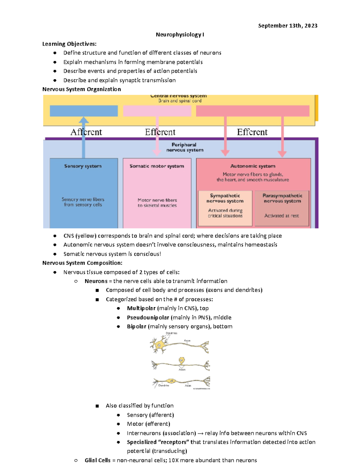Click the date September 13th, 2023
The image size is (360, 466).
[287, 26]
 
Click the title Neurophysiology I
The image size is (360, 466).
[180, 35]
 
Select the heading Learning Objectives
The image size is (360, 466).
[69, 44]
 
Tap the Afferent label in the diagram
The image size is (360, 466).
[86, 132]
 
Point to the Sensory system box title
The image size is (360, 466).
[83, 166]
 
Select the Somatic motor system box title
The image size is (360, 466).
[157, 166]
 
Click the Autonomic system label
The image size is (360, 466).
[253, 166]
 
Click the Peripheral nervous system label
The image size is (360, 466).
[184, 147]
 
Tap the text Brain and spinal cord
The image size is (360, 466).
[180, 101]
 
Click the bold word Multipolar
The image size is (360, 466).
[141, 308]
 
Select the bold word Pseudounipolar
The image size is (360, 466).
[148, 317]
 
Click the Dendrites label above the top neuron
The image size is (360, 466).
[171, 333]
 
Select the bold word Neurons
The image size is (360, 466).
[96, 281]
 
